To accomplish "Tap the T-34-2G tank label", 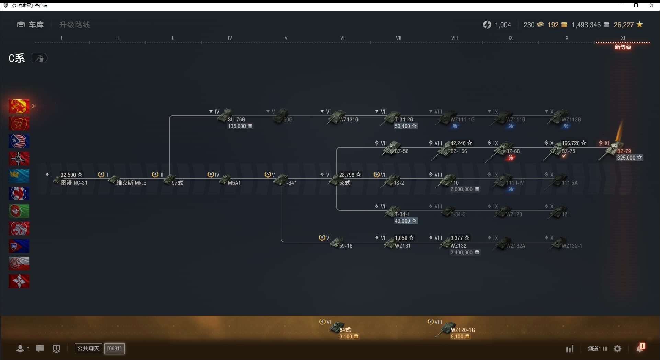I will pos(404,120).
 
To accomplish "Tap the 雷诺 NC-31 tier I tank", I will pos(74,183).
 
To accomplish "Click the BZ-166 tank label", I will pos(458,151).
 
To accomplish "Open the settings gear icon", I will pos(617,349).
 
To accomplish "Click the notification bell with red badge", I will pos(640,348).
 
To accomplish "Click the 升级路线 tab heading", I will pos(75,25).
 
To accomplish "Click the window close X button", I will pos(652,5).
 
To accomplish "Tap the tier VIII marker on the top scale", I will pos(454,38).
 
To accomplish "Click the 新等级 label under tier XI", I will pos(623,47).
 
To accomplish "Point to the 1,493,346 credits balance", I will pos(586,25).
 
